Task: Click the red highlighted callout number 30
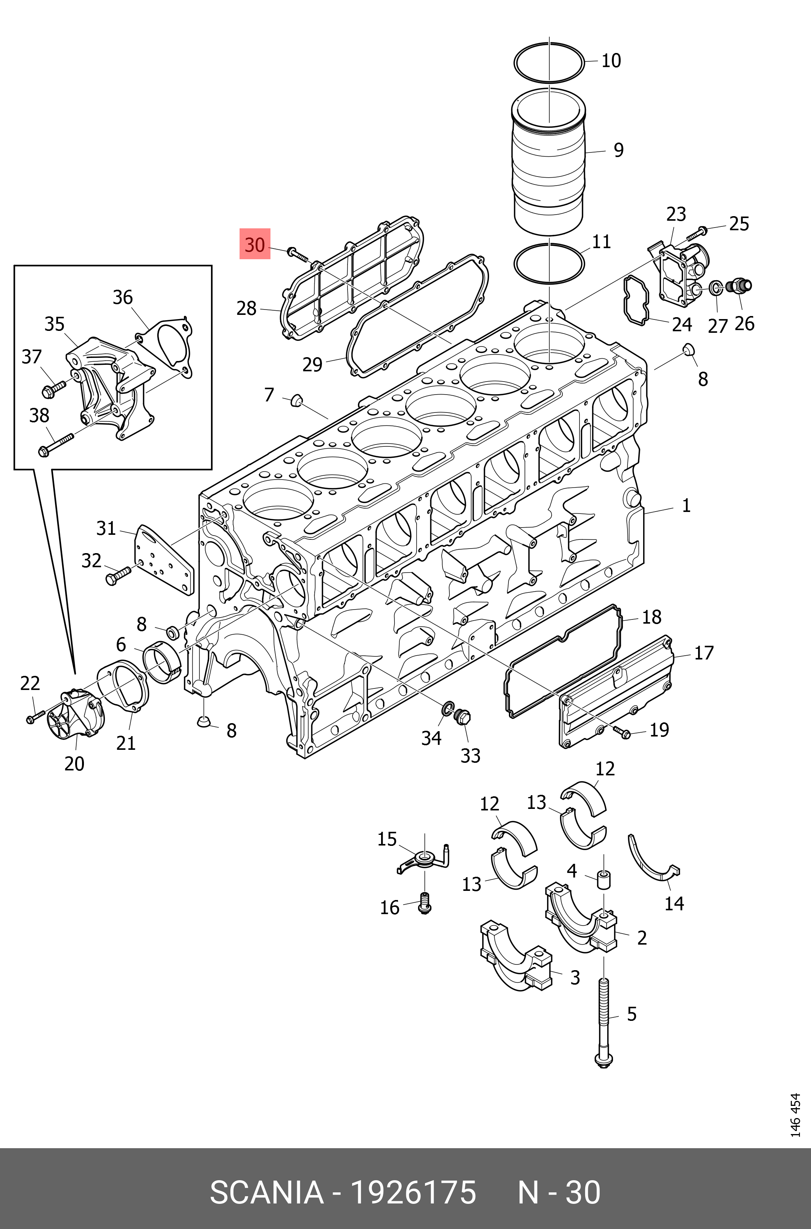click(254, 244)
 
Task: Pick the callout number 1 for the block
click(686, 505)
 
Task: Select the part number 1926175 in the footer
click(413, 1193)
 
